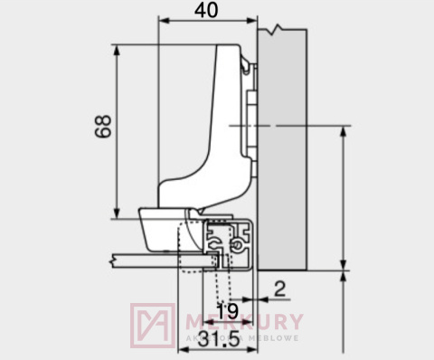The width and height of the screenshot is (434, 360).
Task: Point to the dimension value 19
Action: [x=227, y=312]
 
